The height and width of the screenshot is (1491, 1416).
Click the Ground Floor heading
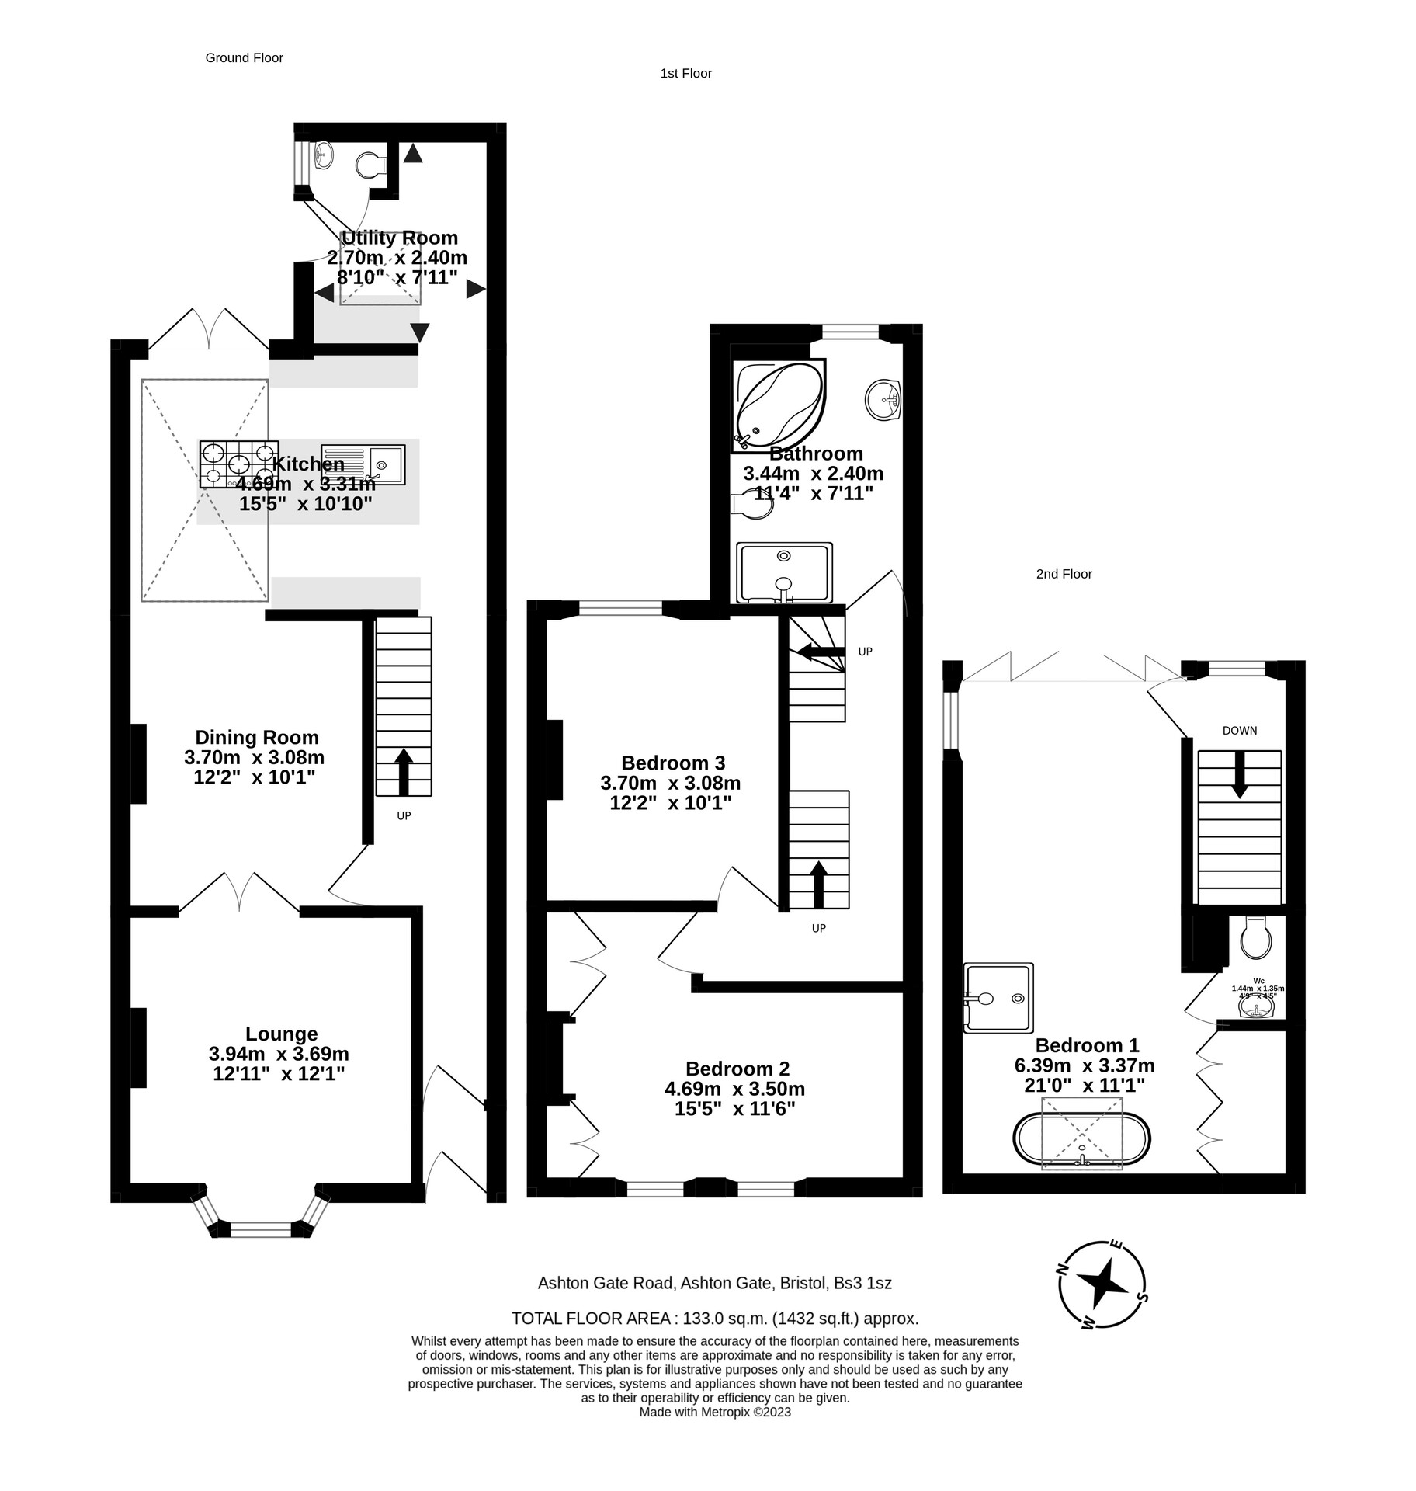[244, 57]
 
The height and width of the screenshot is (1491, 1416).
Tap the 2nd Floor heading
[1064, 574]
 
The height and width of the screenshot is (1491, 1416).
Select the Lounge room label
[281, 1034]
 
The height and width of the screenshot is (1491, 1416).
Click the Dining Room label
[256, 737]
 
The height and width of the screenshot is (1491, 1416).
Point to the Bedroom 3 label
[672, 763]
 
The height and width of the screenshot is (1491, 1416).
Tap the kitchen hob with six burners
[239, 464]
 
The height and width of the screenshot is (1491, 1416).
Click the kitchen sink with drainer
[363, 464]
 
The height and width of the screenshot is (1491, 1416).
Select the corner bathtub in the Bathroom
[777, 404]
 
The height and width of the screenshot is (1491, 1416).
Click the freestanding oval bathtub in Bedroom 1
[1081, 1139]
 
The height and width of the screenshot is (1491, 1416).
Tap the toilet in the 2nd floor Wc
[1255, 938]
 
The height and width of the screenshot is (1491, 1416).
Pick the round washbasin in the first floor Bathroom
[882, 398]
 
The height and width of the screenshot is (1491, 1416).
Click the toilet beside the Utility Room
[372, 165]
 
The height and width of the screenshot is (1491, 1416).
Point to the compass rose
[1102, 1284]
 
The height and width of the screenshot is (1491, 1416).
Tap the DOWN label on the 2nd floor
[1239, 731]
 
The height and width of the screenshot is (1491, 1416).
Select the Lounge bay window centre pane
[261, 1229]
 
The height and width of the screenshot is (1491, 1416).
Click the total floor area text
[714, 1319]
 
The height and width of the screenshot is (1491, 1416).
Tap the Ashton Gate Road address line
[714, 1284]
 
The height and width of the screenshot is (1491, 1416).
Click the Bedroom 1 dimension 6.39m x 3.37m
[1084, 1065]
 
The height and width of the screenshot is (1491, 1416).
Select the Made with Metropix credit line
[714, 1413]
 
